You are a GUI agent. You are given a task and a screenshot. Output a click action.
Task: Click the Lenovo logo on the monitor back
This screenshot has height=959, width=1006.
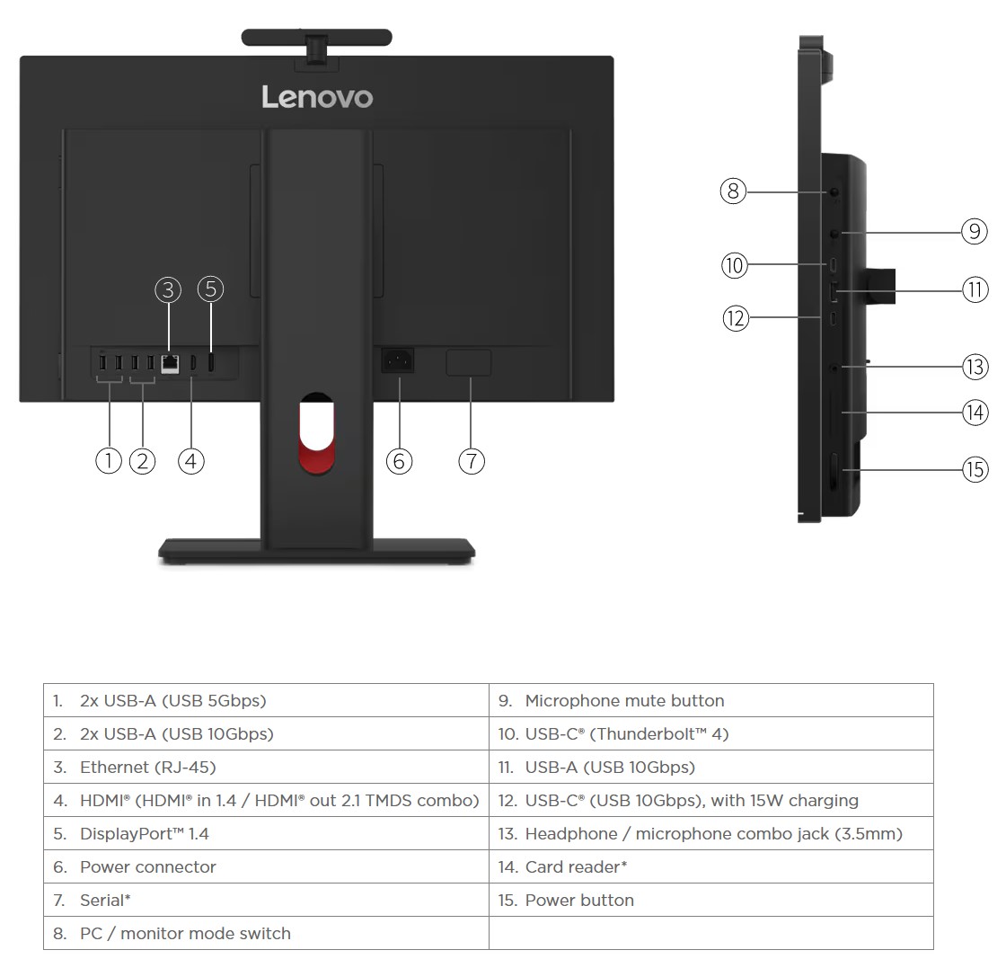point(317,97)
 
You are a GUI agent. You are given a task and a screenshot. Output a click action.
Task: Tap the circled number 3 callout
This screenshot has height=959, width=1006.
point(168,289)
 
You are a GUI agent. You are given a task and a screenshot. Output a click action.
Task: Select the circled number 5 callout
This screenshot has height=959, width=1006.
point(210,289)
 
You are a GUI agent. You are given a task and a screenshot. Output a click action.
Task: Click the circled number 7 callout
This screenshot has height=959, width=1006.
point(472,461)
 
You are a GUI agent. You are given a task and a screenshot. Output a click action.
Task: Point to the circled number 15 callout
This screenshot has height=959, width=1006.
point(975,469)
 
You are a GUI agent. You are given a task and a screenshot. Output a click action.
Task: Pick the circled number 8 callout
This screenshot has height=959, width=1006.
point(733,191)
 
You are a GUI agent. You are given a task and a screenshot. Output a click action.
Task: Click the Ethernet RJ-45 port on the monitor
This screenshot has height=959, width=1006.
point(169,363)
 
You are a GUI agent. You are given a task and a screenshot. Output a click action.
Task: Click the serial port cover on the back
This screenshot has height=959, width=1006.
point(469,363)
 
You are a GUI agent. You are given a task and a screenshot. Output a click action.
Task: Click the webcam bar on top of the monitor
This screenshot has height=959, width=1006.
point(316,38)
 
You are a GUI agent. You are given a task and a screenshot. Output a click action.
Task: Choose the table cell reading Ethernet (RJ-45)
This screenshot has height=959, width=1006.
point(266,768)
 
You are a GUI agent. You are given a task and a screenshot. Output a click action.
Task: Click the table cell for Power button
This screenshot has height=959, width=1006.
point(710,901)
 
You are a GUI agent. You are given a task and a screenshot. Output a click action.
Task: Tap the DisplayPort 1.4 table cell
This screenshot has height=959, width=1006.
point(266,834)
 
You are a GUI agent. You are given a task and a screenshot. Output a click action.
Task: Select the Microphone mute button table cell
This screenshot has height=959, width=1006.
point(710,701)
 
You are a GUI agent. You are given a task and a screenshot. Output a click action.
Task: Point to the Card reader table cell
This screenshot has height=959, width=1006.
point(710,867)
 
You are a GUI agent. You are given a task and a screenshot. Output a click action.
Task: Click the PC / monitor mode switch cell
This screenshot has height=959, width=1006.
point(266,934)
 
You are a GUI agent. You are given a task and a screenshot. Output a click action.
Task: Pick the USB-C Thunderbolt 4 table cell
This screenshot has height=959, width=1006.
point(710,734)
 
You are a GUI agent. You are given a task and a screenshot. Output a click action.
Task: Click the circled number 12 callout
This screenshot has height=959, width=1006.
point(736,318)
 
